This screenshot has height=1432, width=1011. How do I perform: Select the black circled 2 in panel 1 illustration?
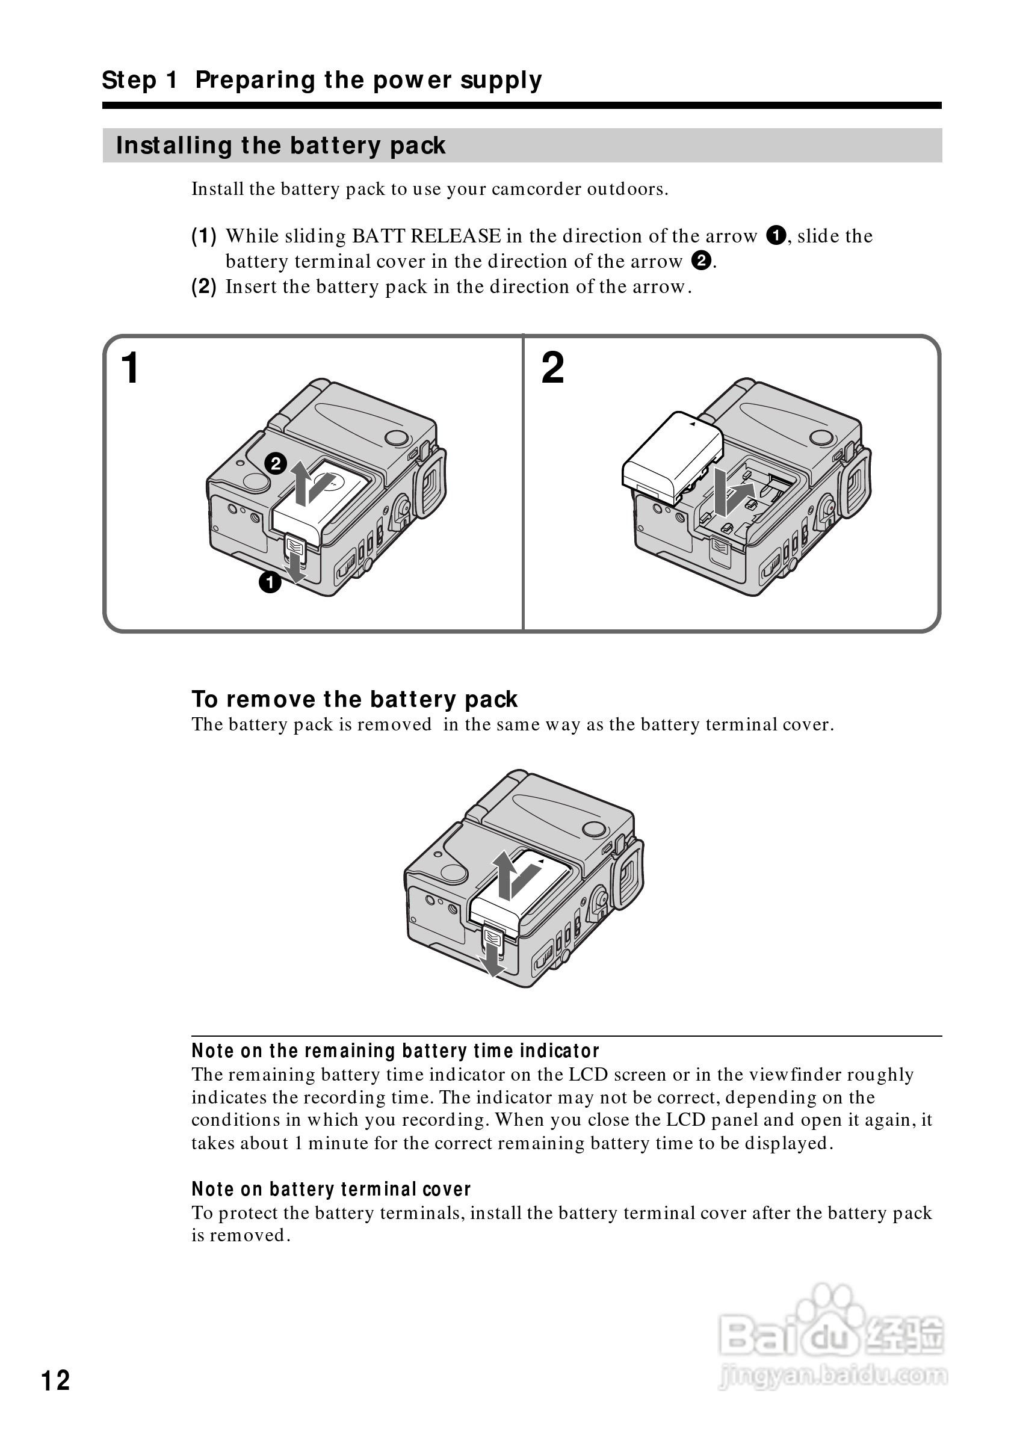click(276, 463)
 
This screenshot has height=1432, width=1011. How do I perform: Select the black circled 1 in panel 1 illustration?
click(270, 582)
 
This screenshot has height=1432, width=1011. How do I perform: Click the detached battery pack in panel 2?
click(672, 457)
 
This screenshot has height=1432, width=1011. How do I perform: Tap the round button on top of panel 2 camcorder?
click(824, 437)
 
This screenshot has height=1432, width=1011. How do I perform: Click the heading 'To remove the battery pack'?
click(354, 699)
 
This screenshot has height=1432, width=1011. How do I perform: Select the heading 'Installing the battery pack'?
click(280, 146)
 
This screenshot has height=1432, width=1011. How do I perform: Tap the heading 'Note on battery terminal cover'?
click(331, 1190)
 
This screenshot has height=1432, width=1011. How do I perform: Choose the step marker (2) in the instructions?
click(204, 287)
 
